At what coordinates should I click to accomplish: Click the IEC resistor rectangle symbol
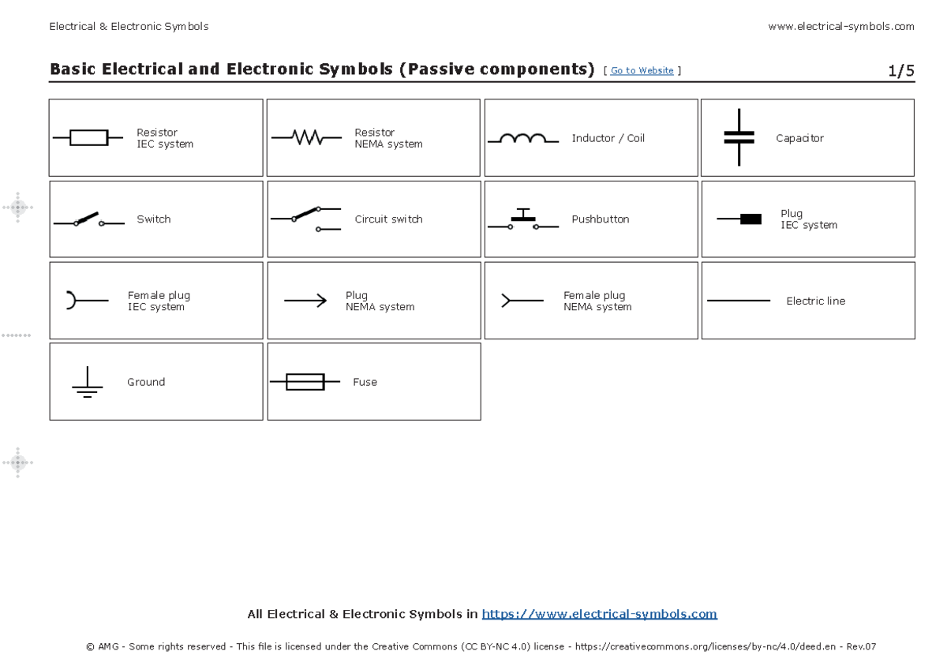click(x=88, y=138)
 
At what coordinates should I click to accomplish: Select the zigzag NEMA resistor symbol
click(x=306, y=138)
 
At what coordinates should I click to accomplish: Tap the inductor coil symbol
click(x=522, y=139)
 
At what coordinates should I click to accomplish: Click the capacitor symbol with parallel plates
click(x=739, y=137)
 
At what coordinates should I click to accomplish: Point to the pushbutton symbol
click(x=522, y=219)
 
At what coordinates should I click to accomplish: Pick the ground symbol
click(x=87, y=383)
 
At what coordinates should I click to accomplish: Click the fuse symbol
click(x=305, y=382)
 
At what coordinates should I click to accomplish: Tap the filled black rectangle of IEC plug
click(x=750, y=219)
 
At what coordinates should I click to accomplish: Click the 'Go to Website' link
click(x=642, y=71)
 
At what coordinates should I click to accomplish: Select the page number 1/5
click(x=900, y=71)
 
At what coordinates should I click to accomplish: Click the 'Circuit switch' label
click(x=388, y=219)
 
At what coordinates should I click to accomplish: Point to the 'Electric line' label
click(x=815, y=301)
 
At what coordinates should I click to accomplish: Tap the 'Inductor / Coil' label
click(x=608, y=138)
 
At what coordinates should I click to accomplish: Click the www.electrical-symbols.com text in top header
click(x=840, y=26)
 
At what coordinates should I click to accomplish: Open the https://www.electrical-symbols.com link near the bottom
click(x=599, y=614)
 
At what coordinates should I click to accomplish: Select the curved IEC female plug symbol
click(x=73, y=300)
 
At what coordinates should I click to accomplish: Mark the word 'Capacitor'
click(x=799, y=138)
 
